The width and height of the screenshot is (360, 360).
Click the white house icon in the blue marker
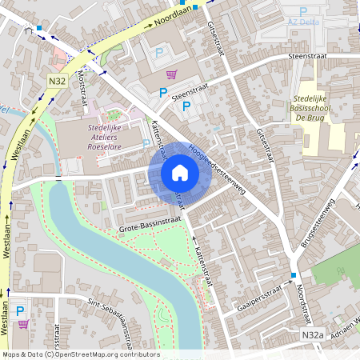click(179, 173)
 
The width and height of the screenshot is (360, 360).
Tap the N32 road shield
click(56, 81)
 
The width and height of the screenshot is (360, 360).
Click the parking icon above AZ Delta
click(303, 11)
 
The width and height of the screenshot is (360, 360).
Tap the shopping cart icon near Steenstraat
click(170, 74)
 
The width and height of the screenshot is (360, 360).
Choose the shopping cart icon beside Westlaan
click(23, 324)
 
